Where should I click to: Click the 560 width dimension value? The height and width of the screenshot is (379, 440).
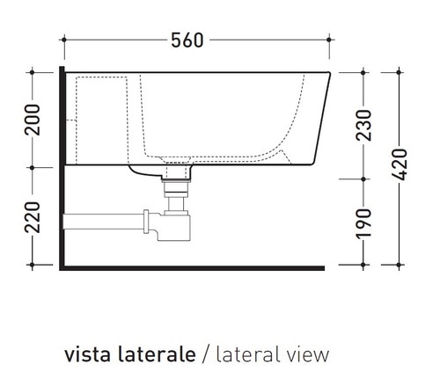(x=187, y=40)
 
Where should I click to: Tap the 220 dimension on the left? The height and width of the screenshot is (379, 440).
(x=33, y=216)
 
